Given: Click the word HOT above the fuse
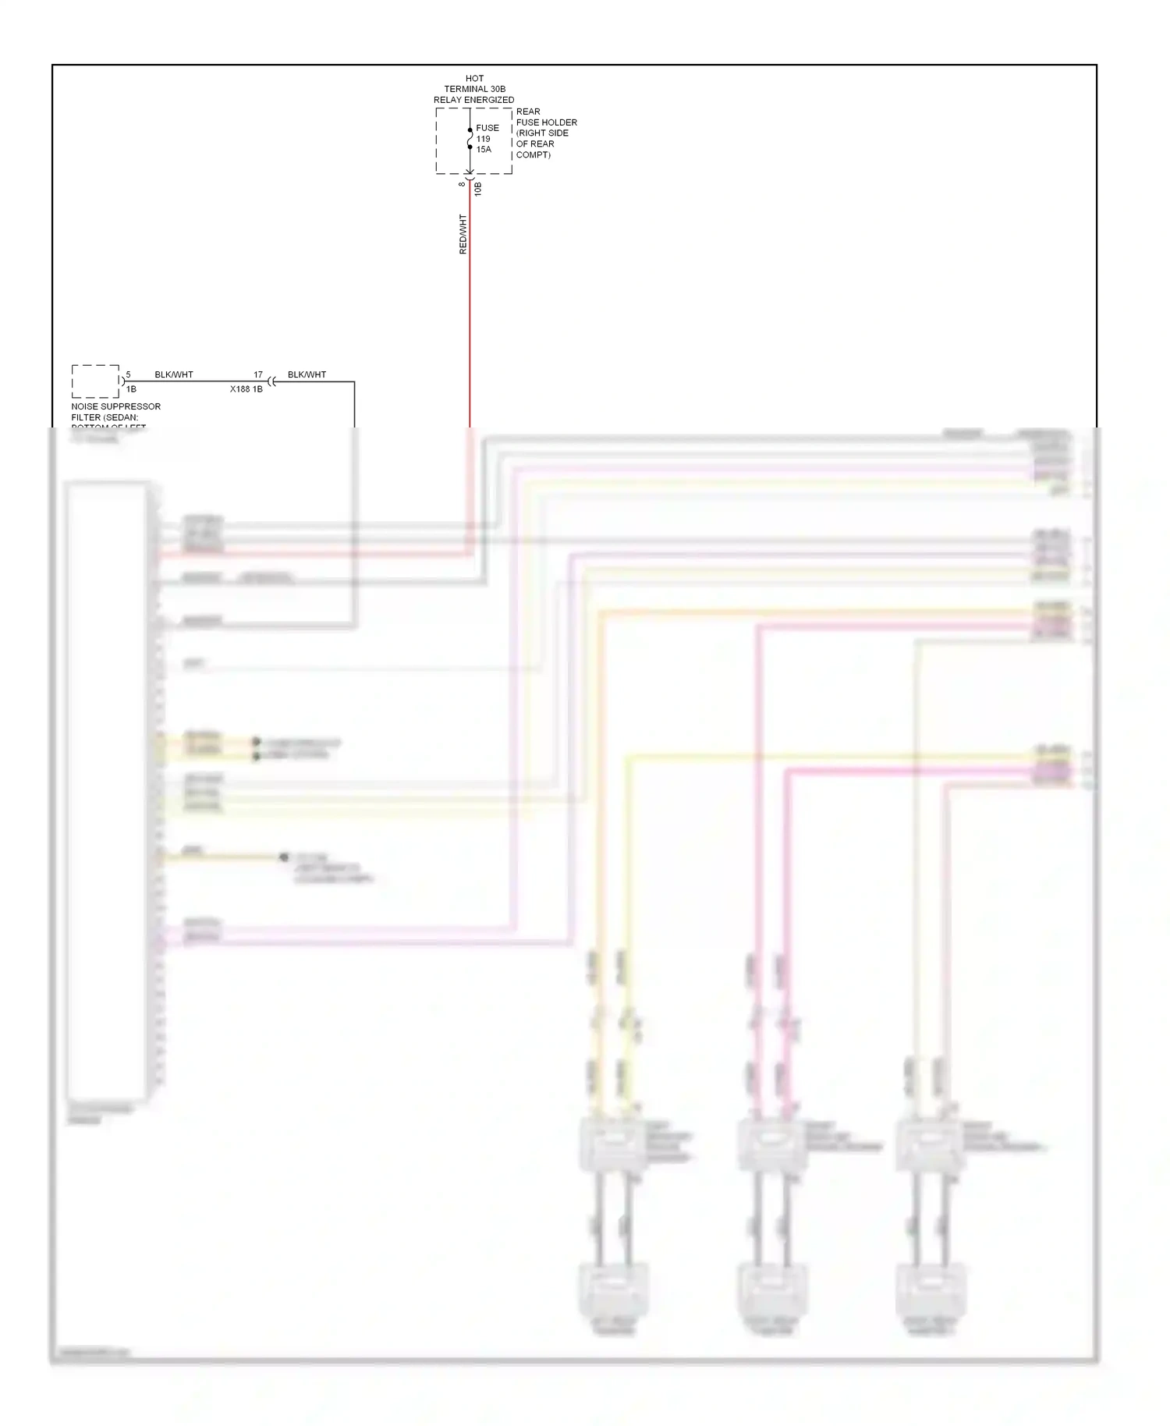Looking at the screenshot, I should pos(474,78).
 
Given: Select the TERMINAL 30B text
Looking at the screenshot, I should pos(474,89).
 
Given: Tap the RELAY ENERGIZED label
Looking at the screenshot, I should pos(474,100).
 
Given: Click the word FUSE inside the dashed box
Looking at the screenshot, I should pos(487,128).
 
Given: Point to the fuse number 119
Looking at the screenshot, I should pos(484,139).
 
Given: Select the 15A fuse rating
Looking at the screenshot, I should pos(484,150).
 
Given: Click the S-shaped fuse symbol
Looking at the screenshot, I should pos(470,139).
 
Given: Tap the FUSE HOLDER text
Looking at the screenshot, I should pos(547,122).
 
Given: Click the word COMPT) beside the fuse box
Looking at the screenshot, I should pos(534,154).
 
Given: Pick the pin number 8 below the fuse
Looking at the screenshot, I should pos(462,184).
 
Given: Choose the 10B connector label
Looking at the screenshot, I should pos(478,189).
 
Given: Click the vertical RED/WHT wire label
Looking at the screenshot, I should pos(463,234).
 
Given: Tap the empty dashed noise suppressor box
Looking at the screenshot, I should pos(95,381).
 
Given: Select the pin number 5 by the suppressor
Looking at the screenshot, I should pos(129,375).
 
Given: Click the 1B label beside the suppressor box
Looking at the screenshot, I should pos(131,388).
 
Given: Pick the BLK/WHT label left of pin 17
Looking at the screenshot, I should pos(174,374).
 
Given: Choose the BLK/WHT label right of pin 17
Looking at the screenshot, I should pos(307,374).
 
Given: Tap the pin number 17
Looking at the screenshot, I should pos(258,375).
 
